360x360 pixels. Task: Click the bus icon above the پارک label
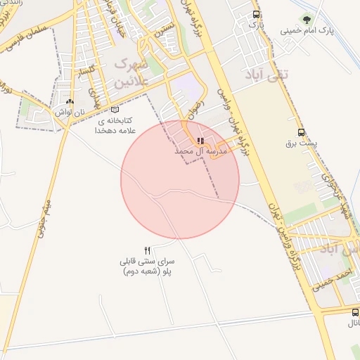[256, 14]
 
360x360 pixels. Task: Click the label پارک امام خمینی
[306, 31]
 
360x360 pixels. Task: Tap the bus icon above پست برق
[302, 132]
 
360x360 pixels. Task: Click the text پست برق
[302, 143]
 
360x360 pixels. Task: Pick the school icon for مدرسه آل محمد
[201, 141]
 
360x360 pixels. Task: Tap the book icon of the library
[115, 109]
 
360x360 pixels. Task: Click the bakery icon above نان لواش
[69, 102]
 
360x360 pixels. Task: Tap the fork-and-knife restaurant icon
[147, 250]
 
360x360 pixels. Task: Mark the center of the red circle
[180, 180]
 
